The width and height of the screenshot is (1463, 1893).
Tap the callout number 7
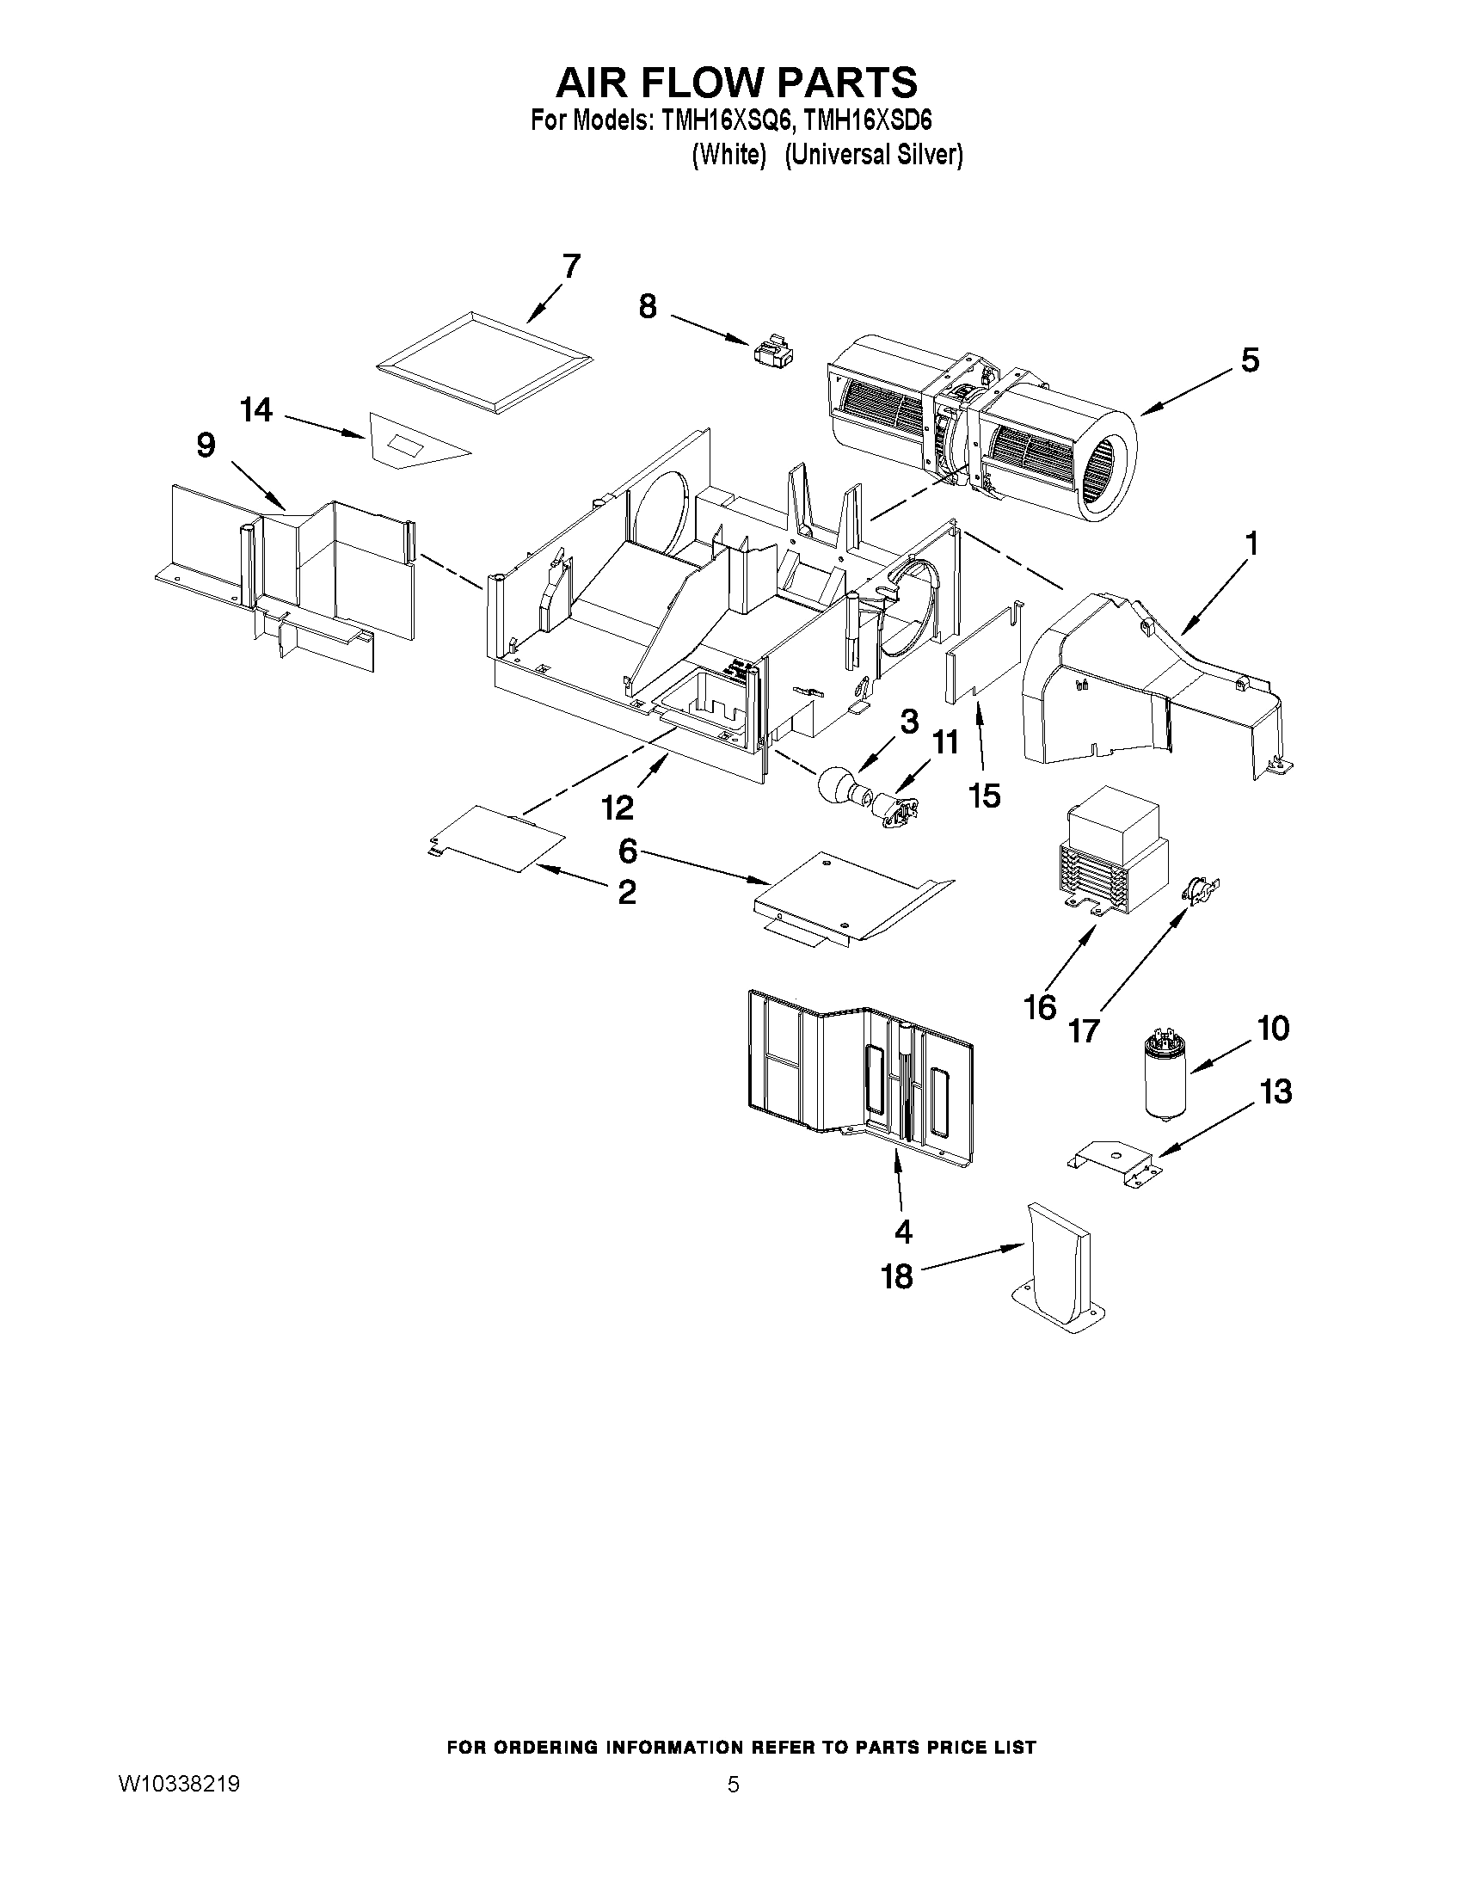tap(570, 267)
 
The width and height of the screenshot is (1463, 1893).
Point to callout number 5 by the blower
tap(1249, 360)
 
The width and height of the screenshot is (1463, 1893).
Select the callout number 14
tap(257, 410)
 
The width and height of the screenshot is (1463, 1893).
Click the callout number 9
tap(206, 446)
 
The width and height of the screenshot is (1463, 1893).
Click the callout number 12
tap(618, 808)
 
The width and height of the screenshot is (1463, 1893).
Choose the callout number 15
tap(986, 795)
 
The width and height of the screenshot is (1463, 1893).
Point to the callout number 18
tap(898, 1275)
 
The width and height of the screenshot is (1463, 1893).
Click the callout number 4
tap(903, 1231)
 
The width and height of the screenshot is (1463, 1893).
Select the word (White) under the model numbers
tap(729, 155)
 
